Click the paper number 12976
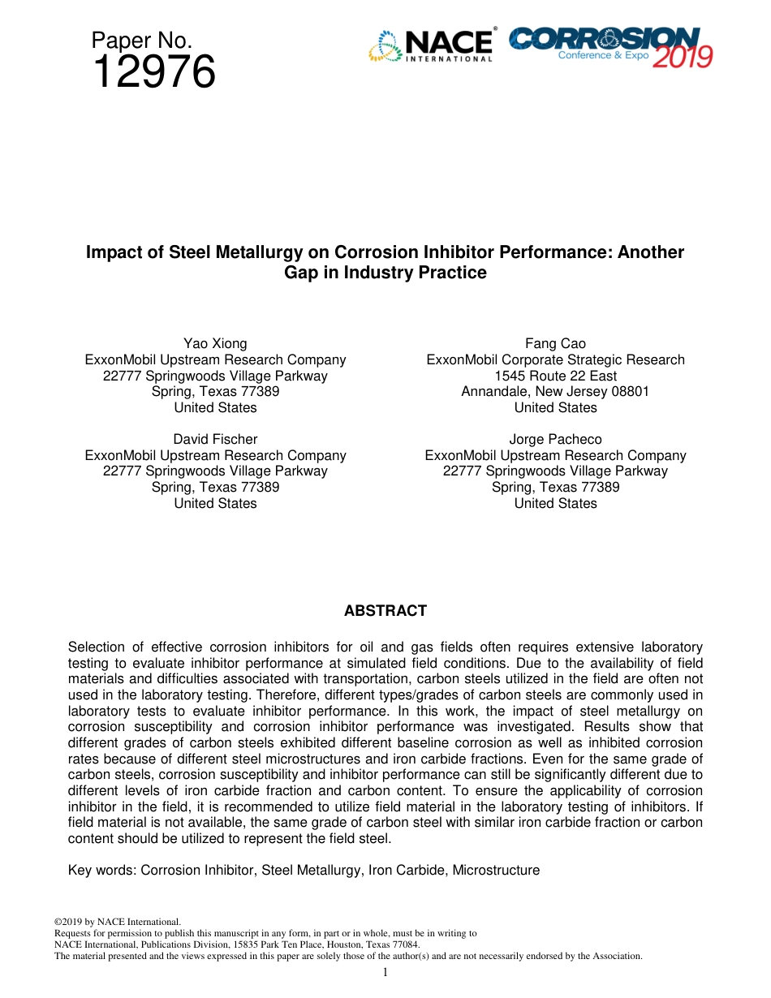coord(153,73)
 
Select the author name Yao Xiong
coord(215,343)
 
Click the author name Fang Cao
coord(555,343)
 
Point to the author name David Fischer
coord(215,440)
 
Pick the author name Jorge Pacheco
coord(555,440)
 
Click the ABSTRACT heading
coord(385,611)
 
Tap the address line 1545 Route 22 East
coord(555,376)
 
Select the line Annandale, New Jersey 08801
coord(555,391)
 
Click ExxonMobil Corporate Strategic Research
coord(555,359)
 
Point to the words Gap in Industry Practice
coord(385,273)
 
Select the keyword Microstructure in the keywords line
coord(496,870)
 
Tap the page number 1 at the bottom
coord(385,972)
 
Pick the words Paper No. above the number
coord(141,40)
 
